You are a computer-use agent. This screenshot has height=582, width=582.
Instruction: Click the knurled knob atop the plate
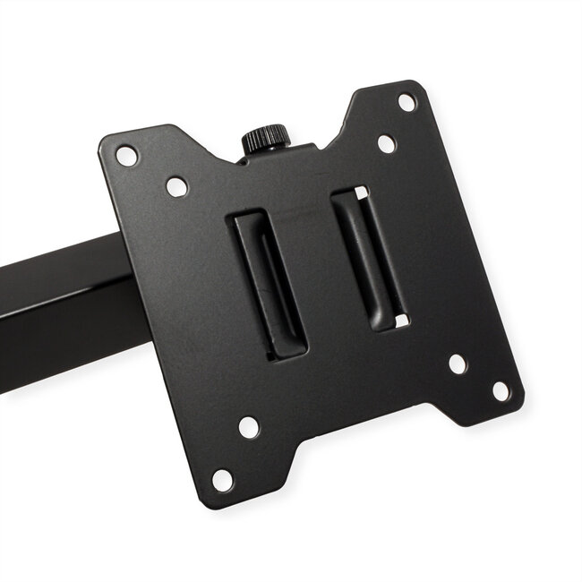tap(265, 139)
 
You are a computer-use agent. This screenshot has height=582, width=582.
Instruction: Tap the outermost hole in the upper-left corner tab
tap(127, 155)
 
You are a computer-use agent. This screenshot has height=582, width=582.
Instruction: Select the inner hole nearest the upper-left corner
tap(177, 187)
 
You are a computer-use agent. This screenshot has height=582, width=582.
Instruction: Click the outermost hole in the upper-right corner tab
tap(407, 101)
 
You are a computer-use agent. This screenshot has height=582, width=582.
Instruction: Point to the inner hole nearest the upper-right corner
tap(386, 143)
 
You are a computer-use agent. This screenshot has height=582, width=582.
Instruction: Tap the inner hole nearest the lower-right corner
tap(458, 364)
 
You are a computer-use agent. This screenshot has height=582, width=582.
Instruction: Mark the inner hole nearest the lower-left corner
tap(250, 427)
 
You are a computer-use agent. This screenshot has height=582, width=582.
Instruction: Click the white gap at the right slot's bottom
tap(402, 320)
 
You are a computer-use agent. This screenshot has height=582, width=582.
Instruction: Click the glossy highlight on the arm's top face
tap(54, 260)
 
